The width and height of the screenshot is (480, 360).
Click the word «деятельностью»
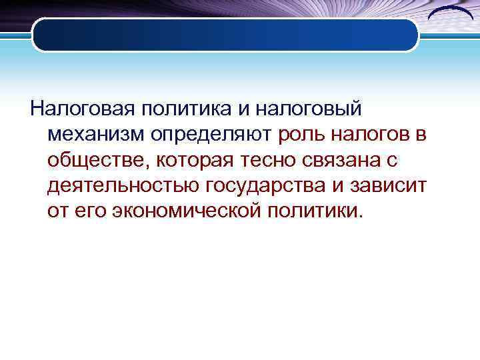[x=122, y=185]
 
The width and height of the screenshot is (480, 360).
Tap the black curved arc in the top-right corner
[x=450, y=15]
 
